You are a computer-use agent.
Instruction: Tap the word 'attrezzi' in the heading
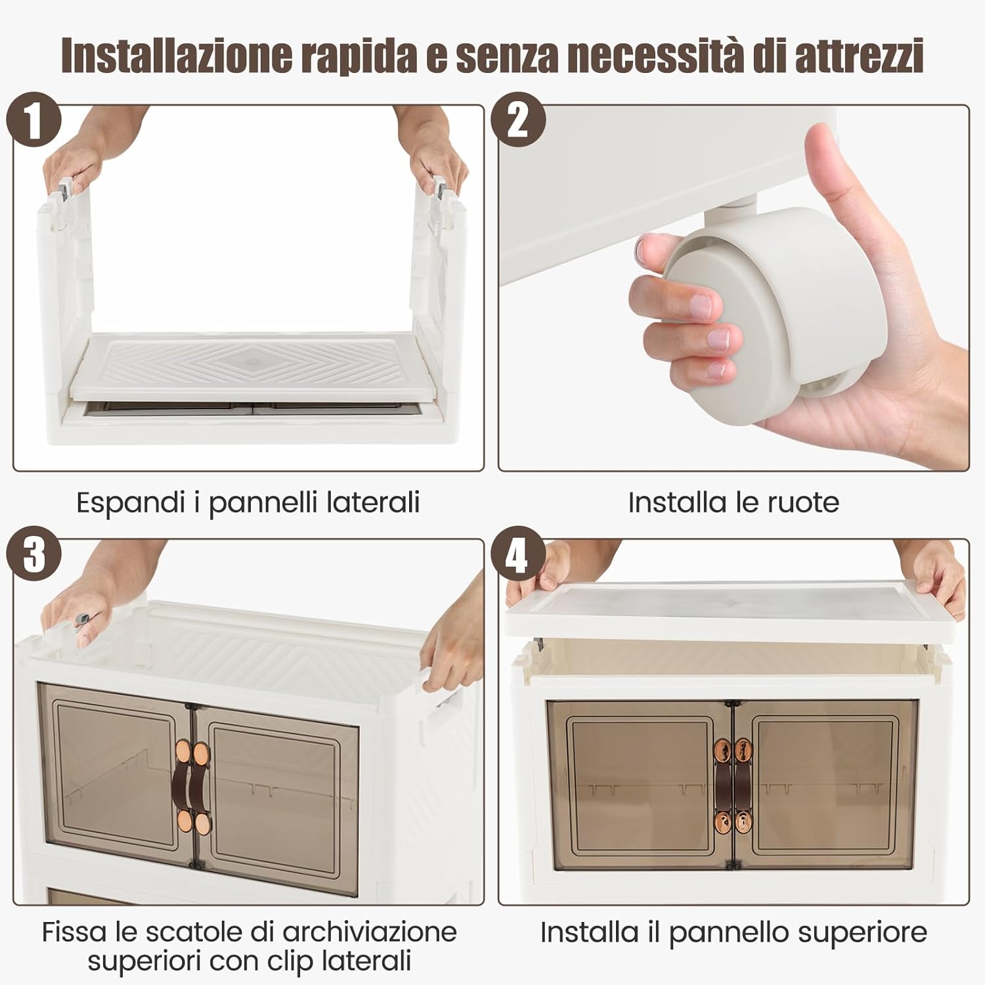(859, 56)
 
